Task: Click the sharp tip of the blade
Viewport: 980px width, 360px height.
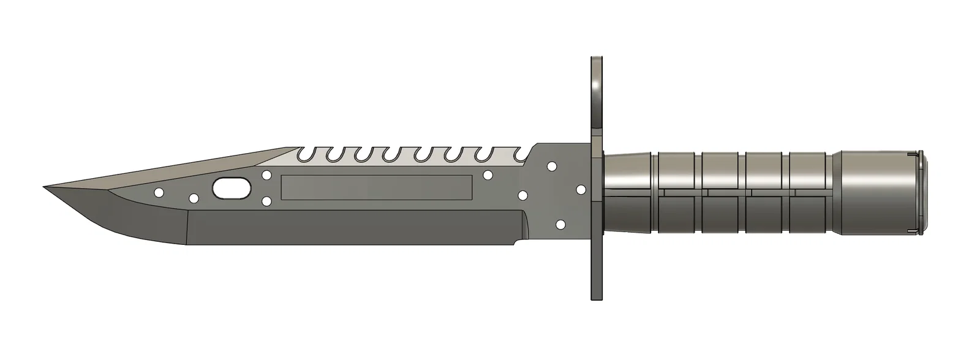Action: click(45, 187)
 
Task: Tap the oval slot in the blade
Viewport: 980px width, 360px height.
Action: click(232, 188)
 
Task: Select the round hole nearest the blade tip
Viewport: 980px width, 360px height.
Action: click(159, 193)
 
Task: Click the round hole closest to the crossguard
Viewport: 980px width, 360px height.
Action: click(581, 190)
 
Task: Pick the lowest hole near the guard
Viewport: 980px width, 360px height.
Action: click(560, 225)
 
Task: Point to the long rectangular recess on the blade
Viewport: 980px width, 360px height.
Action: click(376, 187)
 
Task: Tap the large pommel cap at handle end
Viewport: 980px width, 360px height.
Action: click(879, 192)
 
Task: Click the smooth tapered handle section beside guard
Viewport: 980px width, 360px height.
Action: click(628, 192)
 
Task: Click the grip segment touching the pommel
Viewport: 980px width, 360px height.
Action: click(812, 192)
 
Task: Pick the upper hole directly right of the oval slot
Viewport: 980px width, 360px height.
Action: click(266, 175)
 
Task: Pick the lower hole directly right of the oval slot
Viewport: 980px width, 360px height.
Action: click(266, 201)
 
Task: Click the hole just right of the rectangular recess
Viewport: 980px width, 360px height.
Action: click(488, 175)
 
